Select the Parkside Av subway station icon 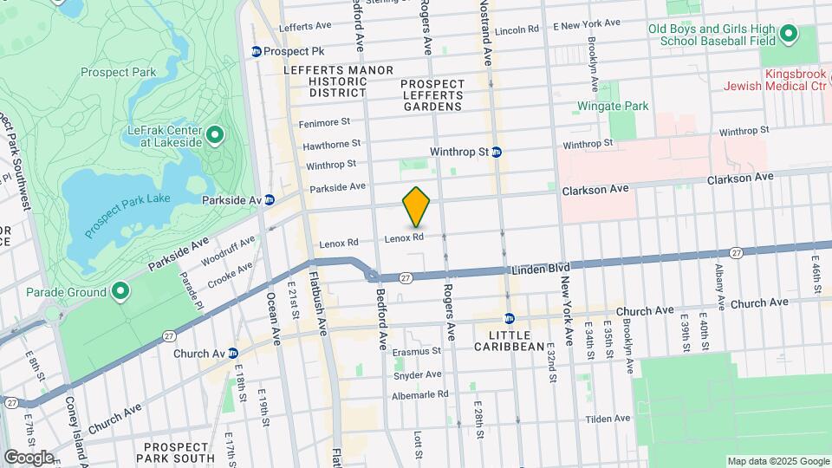[270, 199]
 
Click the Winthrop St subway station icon [497, 152]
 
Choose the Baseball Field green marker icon [788, 35]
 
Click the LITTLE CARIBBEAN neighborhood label [510, 340]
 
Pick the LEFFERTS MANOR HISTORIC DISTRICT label [338, 81]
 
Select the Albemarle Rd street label [419, 393]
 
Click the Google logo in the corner [28, 457]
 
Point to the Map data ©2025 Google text [777, 461]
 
